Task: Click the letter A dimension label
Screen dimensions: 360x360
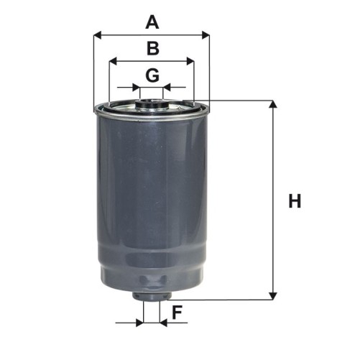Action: point(152,22)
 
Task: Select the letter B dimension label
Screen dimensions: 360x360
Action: point(152,49)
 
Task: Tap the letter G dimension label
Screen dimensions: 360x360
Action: point(152,75)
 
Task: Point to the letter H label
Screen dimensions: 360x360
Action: point(295,201)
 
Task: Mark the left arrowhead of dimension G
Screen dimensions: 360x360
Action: point(136,88)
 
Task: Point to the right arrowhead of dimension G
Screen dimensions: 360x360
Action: point(167,88)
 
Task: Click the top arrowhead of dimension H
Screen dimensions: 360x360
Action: point(273,106)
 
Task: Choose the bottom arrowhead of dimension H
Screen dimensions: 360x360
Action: point(273,295)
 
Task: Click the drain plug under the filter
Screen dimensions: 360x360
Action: point(151,295)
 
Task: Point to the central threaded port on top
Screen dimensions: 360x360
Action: point(151,103)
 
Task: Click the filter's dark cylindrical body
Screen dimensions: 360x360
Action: point(151,201)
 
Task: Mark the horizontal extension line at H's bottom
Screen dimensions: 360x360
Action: point(223,300)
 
